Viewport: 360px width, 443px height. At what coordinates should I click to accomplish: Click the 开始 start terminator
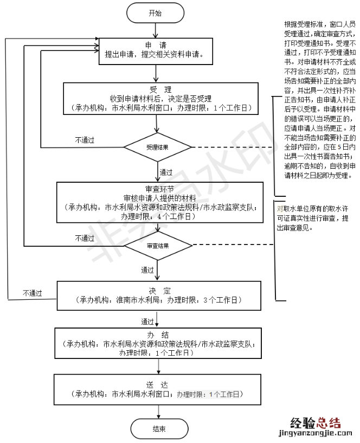155,14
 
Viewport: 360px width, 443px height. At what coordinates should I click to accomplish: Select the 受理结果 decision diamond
157,147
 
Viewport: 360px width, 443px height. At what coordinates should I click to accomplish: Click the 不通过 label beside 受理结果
85,140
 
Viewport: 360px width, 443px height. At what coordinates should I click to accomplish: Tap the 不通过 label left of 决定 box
33,293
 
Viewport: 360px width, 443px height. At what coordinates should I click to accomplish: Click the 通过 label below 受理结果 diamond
166,172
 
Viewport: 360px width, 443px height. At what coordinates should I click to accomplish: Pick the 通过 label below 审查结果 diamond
147,269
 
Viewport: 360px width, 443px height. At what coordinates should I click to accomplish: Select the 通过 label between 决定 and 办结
147,320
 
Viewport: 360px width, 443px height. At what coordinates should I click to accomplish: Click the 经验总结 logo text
316,422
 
